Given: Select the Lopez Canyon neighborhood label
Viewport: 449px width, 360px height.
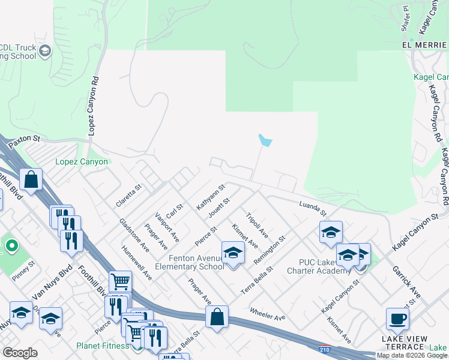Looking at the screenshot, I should (x=82, y=162).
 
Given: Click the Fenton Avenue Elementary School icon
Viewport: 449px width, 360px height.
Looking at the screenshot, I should (x=233, y=253).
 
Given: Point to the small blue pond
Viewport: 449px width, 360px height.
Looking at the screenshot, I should (x=264, y=140).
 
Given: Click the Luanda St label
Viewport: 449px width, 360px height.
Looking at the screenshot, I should (x=313, y=208).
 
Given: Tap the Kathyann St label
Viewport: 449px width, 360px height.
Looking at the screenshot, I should (x=210, y=197).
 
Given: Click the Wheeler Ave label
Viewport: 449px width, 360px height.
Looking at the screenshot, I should (x=267, y=314).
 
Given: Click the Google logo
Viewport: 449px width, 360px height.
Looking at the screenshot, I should (x=20, y=352).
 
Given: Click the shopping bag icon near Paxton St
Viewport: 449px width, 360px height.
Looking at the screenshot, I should (x=31, y=179).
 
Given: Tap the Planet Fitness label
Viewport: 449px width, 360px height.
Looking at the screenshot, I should (x=102, y=346).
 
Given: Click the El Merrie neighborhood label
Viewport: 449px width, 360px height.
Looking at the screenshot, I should (x=425, y=46).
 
